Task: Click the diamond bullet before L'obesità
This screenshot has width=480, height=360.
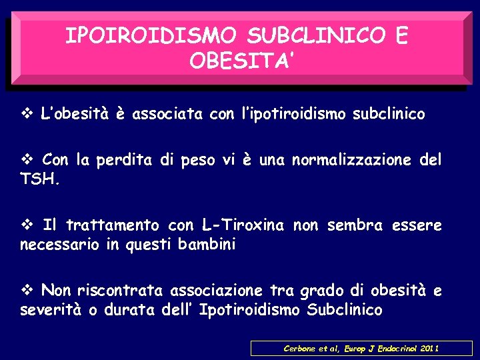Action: (26, 114)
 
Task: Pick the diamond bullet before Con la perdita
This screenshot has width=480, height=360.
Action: (26, 160)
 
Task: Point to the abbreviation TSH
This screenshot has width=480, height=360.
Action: (40, 178)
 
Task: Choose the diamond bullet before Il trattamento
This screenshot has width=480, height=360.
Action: (26, 225)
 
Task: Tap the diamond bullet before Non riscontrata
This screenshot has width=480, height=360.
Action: (26, 291)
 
